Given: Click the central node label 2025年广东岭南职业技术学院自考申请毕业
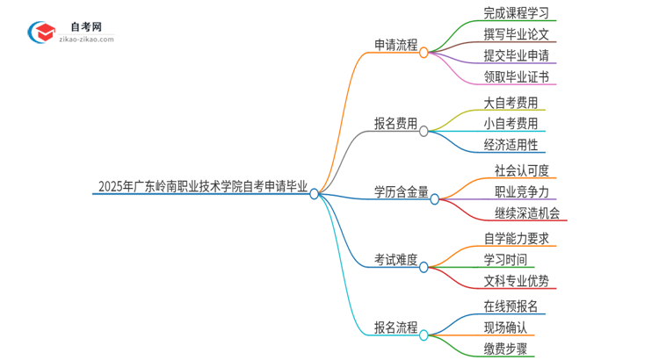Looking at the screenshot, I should [x=203, y=186].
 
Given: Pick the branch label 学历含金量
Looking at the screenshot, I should [x=402, y=191].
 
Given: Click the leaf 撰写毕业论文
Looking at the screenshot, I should [x=516, y=35].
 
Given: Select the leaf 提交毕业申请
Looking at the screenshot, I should [x=516, y=56].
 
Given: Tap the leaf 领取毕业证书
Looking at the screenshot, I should [x=516, y=77].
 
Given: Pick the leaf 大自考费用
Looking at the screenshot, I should [x=511, y=103].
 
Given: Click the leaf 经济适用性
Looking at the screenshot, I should [x=511, y=145].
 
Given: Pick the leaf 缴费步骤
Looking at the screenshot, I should [x=505, y=349].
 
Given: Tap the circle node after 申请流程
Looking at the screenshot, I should [x=424, y=53].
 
